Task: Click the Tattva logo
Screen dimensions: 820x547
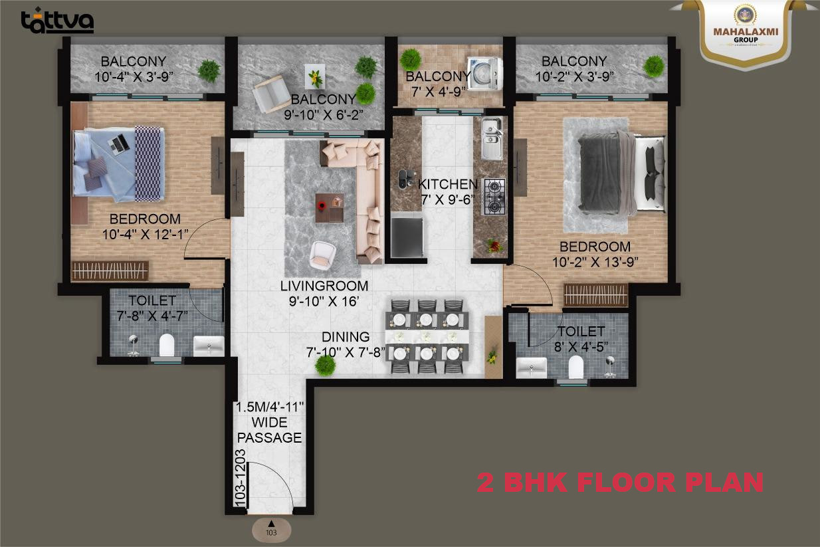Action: [57, 21]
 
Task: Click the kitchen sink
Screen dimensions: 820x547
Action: [492, 138]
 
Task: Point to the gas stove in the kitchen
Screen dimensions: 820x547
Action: [495, 197]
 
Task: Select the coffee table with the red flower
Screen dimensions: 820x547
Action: [330, 207]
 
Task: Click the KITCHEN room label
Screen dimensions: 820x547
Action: [448, 184]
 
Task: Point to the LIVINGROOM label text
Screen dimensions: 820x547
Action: [324, 286]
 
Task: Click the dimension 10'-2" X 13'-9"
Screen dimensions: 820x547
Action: [595, 262]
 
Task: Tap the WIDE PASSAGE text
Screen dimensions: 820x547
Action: [269, 430]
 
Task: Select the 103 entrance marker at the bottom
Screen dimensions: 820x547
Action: [271, 530]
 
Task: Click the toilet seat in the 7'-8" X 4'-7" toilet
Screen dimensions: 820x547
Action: [167, 344]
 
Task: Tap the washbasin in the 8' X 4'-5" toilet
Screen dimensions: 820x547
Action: [531, 368]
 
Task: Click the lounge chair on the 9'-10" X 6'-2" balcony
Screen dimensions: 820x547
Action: [272, 94]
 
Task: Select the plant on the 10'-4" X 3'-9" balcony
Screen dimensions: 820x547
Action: [209, 70]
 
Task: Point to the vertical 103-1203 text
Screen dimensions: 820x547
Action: [240, 478]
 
